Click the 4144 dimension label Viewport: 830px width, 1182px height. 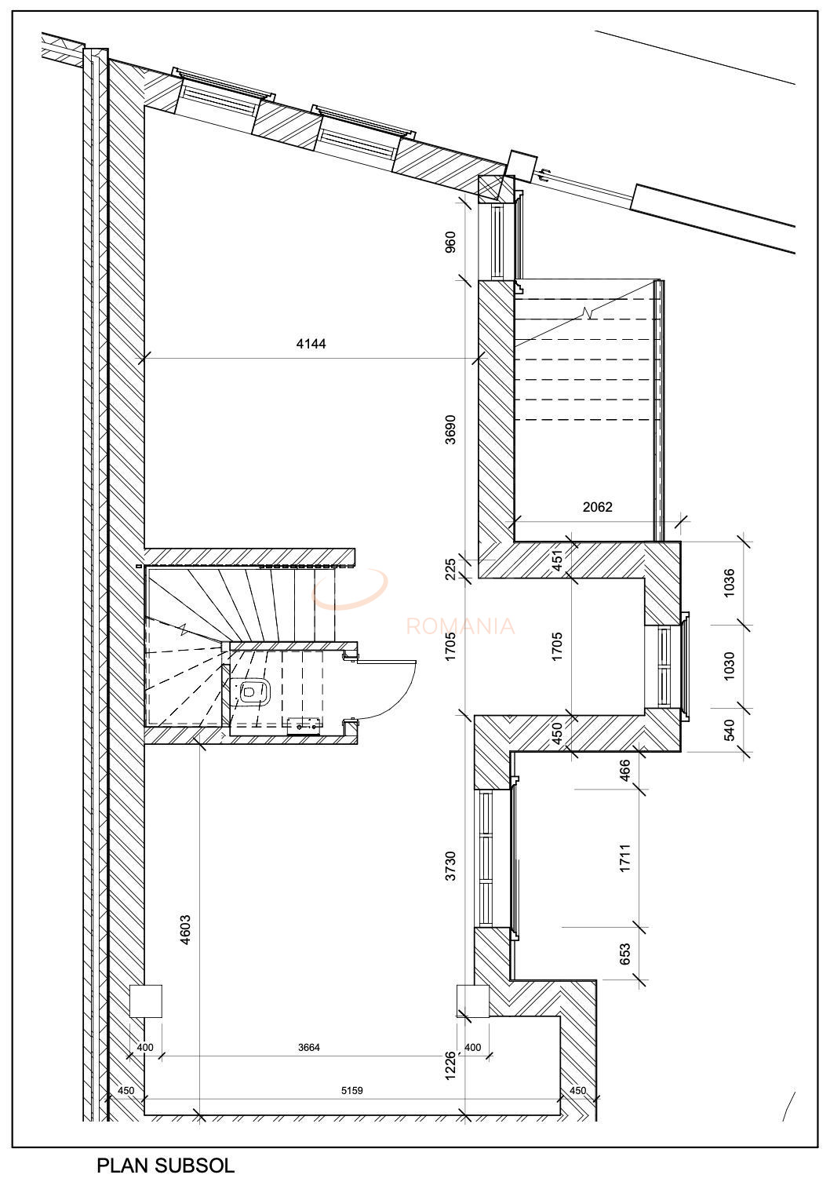click(311, 344)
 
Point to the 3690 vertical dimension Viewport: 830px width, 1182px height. click(450, 429)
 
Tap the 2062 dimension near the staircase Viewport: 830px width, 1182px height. click(597, 507)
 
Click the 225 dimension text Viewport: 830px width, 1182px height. click(450, 567)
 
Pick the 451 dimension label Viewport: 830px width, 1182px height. click(558, 560)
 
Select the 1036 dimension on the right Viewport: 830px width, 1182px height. click(729, 583)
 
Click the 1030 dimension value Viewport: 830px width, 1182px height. click(729, 666)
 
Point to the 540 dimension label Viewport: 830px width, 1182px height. click(729, 730)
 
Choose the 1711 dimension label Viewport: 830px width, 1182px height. click(625, 858)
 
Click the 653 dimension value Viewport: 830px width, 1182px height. click(625, 953)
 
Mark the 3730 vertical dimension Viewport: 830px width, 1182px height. click(450, 866)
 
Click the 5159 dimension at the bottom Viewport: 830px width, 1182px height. click(351, 1090)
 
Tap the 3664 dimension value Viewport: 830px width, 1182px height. click(308, 1047)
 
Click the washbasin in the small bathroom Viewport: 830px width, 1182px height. click(304, 726)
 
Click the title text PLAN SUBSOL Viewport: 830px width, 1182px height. click(166, 1165)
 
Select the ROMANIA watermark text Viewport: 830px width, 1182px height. click(461, 626)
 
